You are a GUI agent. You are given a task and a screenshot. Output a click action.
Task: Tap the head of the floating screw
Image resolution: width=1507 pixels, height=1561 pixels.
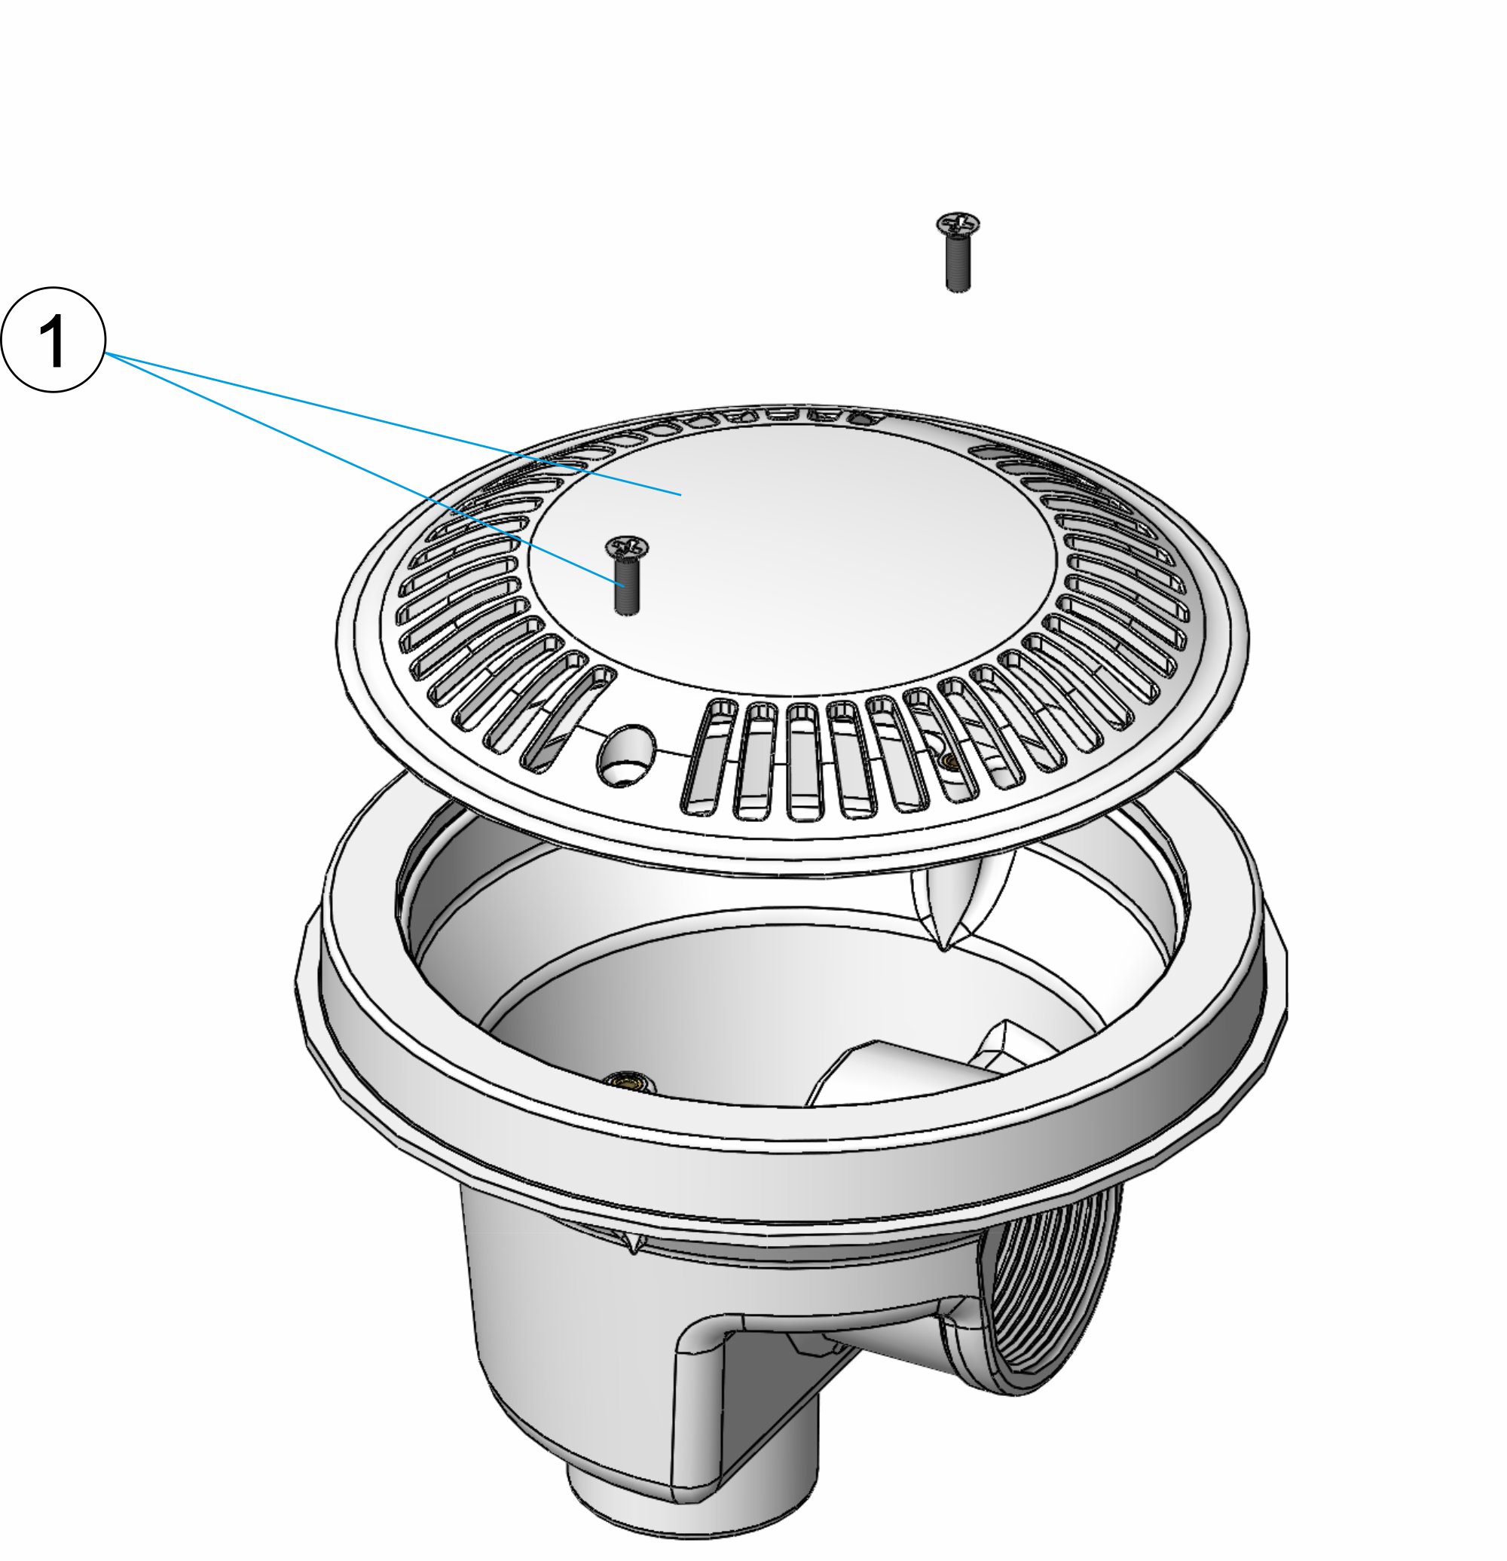958,225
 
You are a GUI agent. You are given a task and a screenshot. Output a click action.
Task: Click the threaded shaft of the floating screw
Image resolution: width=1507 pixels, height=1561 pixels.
958,264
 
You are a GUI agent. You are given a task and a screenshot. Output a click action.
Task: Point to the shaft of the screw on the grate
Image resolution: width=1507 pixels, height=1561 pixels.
628,586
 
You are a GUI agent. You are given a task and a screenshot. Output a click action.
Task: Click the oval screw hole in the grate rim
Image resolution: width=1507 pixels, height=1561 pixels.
626,753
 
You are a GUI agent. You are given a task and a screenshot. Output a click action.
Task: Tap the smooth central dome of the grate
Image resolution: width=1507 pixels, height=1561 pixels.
793,557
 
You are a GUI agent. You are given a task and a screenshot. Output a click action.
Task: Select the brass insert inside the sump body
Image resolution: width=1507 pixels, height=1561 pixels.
624,1079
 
